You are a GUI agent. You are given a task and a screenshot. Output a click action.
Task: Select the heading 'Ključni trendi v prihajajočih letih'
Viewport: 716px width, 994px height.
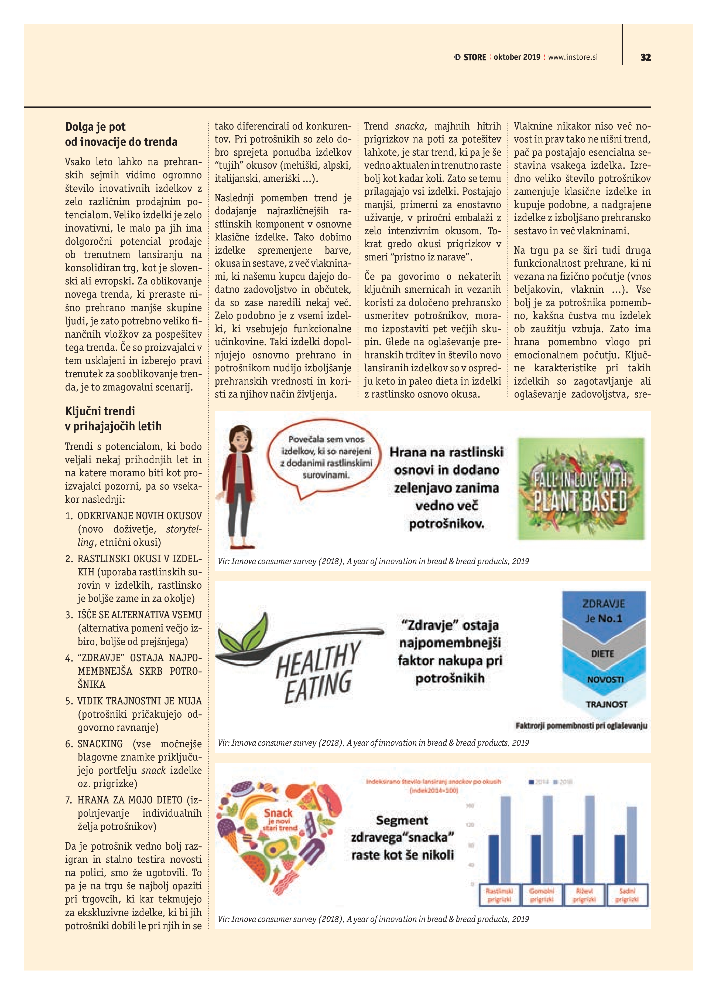coord(113,419)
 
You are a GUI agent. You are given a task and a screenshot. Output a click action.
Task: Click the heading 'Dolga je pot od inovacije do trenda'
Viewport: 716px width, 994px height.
coord(121,134)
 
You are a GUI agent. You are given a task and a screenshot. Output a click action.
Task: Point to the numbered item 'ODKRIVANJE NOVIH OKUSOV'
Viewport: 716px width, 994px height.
coord(139,515)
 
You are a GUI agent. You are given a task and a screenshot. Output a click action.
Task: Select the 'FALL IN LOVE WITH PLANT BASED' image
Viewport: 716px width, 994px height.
coord(581,489)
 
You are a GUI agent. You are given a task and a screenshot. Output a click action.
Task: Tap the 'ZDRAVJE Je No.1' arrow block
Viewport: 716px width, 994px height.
coord(603,611)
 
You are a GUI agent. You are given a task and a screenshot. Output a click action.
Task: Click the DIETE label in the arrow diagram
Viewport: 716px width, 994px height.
coord(603,653)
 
